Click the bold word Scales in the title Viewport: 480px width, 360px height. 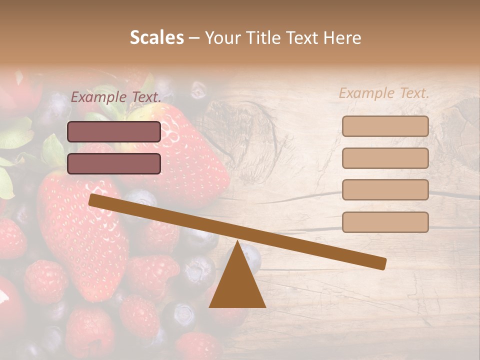point(156,38)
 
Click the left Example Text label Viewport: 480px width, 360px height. point(116,97)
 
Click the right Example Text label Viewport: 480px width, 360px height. point(384,93)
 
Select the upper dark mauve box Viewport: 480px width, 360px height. point(114,131)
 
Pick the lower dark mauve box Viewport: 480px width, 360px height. point(114,163)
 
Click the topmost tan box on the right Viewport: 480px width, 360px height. point(385,126)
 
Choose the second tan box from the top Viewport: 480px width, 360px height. point(385,158)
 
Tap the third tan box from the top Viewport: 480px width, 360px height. point(385,190)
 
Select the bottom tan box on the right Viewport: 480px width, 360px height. point(385,222)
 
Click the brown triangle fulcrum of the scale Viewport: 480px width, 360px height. point(237,285)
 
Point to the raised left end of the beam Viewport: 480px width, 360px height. point(93,200)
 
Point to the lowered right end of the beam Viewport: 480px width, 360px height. point(382,263)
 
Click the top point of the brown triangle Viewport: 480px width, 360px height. point(237,242)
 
